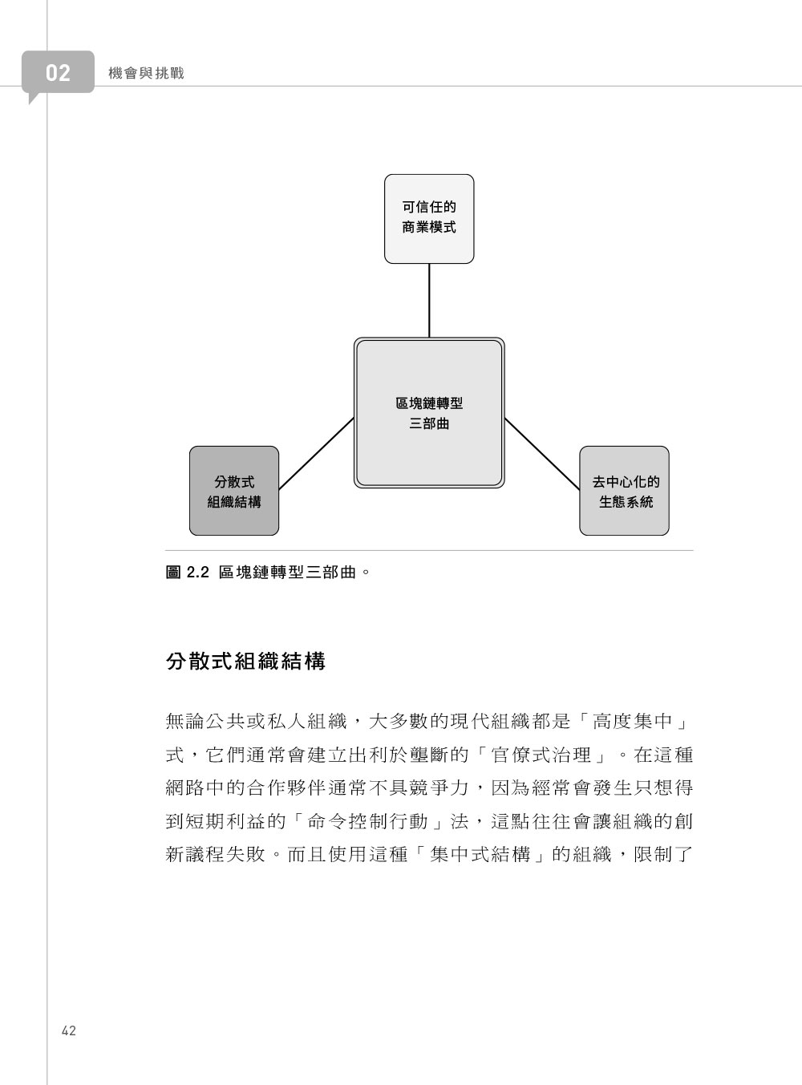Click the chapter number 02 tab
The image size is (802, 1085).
[58, 72]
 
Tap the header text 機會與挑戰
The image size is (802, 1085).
[146, 74]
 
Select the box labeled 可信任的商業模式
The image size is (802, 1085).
[429, 219]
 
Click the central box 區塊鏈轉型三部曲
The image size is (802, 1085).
[429, 412]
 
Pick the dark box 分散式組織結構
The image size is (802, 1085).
[234, 491]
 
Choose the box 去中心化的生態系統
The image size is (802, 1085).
[624, 491]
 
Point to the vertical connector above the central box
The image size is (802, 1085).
[429, 301]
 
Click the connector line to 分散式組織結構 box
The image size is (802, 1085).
[316, 453]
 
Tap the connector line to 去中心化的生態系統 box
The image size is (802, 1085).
[542, 453]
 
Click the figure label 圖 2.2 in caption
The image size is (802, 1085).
[188, 573]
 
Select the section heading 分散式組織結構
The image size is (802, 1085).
[245, 662]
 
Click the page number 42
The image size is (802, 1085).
[69, 1030]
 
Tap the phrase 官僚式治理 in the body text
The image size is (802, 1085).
[541, 755]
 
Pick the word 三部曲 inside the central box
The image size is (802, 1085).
[429, 423]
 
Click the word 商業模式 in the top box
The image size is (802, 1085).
[429, 228]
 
